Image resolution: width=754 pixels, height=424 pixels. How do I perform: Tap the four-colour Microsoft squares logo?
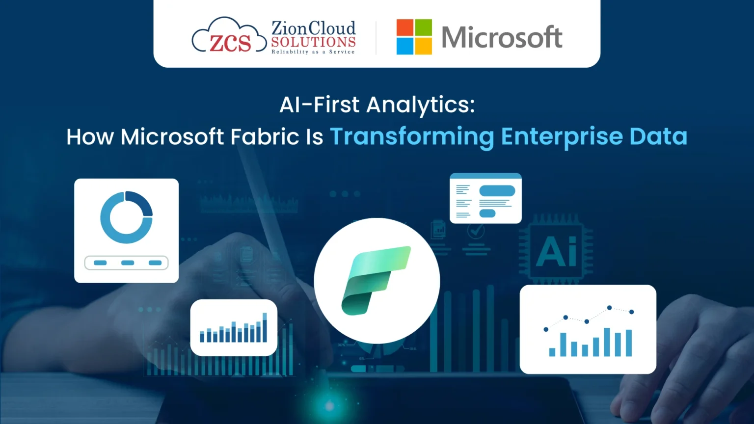pos(414,37)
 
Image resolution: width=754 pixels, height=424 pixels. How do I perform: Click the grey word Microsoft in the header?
pos(502,37)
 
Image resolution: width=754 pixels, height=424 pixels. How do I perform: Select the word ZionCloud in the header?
pos(313,28)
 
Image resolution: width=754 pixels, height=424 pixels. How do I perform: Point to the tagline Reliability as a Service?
pos(313,52)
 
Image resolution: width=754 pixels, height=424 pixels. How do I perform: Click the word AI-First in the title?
pos(320,105)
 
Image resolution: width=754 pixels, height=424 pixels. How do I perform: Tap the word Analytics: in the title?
pos(421,105)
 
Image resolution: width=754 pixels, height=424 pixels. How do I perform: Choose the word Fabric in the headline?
pos(265,137)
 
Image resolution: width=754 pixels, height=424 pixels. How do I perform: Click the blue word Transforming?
pos(412,137)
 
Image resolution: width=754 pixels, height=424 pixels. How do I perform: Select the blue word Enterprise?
pos(562,137)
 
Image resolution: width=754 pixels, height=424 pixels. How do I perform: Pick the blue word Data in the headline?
pos(658,137)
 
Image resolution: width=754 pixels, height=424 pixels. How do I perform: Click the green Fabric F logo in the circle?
pos(376,280)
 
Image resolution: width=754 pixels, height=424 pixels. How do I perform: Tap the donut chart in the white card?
pos(126,217)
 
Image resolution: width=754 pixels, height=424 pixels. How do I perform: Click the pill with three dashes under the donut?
pos(126,263)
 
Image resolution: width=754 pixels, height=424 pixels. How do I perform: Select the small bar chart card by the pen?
pos(234,328)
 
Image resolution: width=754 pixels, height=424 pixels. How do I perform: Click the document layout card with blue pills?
pos(485,199)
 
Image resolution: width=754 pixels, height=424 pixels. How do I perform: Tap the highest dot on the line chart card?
pos(609,308)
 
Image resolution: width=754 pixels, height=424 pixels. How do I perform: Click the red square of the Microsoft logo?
pos(405,27)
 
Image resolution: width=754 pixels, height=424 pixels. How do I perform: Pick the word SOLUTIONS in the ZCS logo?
pos(313,42)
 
